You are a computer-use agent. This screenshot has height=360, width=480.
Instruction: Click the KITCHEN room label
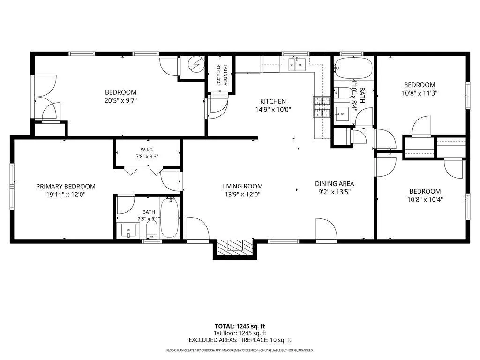coord(273,101)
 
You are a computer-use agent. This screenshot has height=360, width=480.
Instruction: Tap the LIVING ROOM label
coord(242,186)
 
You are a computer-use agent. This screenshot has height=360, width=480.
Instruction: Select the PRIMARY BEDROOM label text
coord(66,187)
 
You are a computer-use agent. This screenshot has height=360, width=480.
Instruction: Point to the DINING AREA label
coord(334,184)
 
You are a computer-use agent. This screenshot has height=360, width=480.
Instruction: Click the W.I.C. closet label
coord(147,150)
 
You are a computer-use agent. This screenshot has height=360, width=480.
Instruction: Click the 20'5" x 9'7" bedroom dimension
coord(120,100)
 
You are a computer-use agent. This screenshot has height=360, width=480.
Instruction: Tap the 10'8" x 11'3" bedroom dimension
coord(420,93)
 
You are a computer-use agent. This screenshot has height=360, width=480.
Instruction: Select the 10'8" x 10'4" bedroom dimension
coord(425,200)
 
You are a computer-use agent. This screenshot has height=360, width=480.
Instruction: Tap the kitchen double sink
coord(297,64)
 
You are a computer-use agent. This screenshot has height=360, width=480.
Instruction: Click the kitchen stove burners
coord(321,106)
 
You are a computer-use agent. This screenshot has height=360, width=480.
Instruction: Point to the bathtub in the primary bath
coord(169,217)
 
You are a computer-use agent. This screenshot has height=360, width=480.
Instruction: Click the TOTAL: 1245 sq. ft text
coord(240,326)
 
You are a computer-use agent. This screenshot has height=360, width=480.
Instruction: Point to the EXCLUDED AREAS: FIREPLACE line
coord(240,340)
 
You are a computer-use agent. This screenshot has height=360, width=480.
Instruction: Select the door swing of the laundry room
coord(219,107)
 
